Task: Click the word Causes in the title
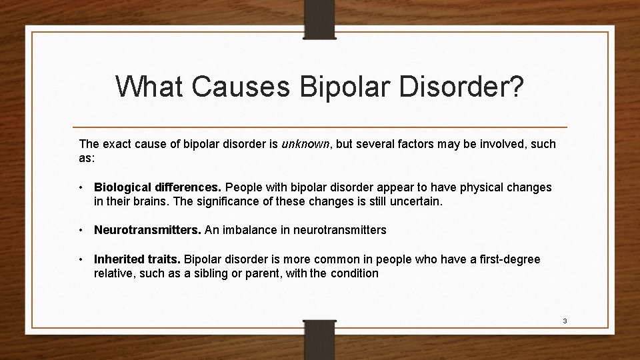tap(235, 87)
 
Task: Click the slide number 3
tap(565, 321)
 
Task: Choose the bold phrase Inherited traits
tap(137, 259)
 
